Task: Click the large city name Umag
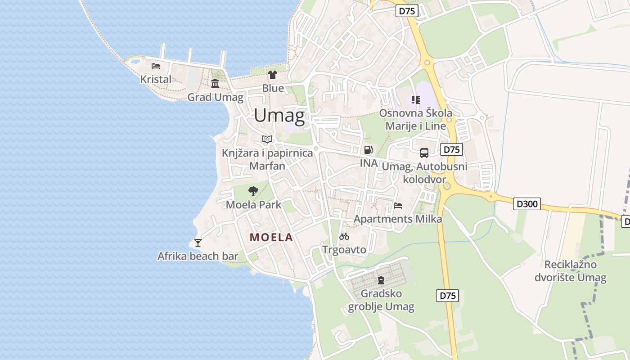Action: click(x=279, y=116)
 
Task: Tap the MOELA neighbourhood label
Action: click(x=271, y=237)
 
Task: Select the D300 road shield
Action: click(x=526, y=204)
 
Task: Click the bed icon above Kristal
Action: click(x=156, y=66)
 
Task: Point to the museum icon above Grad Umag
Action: click(x=215, y=84)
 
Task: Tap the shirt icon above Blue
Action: click(x=273, y=75)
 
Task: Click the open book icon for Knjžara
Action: click(x=267, y=139)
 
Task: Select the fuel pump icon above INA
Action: click(x=368, y=149)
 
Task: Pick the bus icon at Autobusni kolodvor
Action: click(x=424, y=153)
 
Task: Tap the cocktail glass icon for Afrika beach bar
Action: click(x=198, y=243)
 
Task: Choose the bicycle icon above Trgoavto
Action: click(x=344, y=236)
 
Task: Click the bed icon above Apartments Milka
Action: click(x=398, y=206)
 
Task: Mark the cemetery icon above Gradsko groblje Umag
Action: click(x=381, y=280)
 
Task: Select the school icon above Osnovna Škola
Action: click(x=415, y=99)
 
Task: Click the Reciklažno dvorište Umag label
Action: click(x=571, y=271)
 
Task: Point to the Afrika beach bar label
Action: click(x=198, y=256)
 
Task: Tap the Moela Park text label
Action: click(x=253, y=205)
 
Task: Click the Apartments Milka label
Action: click(x=398, y=219)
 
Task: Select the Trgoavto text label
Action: click(x=344, y=249)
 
